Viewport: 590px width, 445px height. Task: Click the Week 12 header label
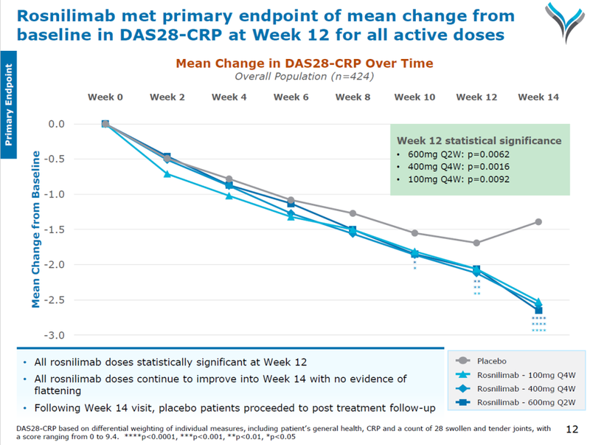click(476, 97)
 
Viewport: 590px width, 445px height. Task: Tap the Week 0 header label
click(105, 97)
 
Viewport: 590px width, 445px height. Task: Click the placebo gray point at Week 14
click(538, 222)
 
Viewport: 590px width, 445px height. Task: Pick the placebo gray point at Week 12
click(476, 243)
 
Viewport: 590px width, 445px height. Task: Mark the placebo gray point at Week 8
click(353, 213)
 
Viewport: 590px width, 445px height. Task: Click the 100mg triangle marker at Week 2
click(167, 174)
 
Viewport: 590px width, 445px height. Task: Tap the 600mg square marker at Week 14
click(538, 310)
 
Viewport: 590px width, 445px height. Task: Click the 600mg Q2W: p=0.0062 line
click(457, 155)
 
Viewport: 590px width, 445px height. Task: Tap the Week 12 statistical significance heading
click(479, 140)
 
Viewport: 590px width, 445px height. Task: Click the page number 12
click(572, 429)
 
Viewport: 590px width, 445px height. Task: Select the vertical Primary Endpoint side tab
click(9, 103)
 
